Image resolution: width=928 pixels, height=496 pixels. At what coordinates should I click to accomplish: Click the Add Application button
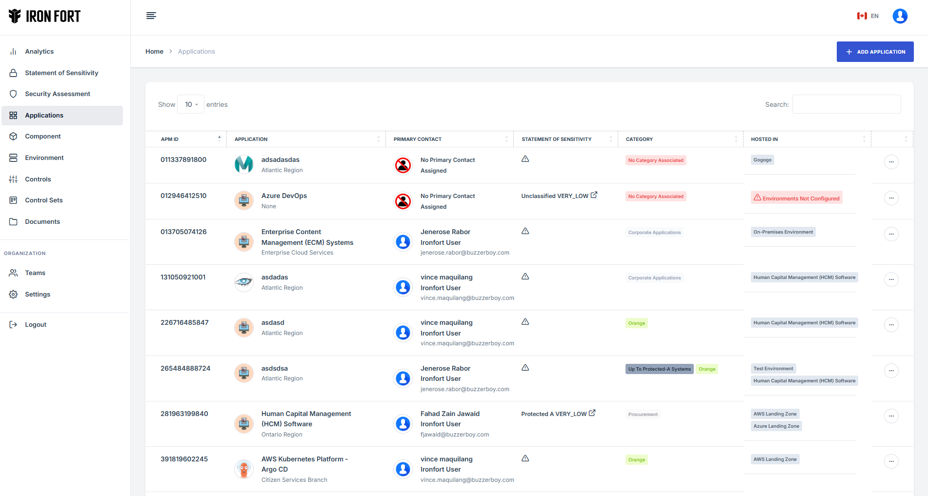click(875, 52)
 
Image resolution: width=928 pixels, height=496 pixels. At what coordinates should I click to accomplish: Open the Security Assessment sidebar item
click(58, 94)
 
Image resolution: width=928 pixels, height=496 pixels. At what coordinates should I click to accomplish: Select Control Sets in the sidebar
click(44, 200)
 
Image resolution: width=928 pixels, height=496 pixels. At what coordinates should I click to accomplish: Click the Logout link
click(36, 325)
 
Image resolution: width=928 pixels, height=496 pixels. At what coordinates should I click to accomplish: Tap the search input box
click(846, 104)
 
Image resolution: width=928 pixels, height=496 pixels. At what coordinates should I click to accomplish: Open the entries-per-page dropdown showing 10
click(191, 104)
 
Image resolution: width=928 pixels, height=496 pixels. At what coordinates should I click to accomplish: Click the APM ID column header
click(170, 139)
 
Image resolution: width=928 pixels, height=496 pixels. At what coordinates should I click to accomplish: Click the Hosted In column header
click(764, 139)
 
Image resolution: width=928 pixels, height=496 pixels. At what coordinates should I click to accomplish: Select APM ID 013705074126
click(183, 232)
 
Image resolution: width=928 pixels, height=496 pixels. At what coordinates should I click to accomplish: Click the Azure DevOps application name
click(284, 196)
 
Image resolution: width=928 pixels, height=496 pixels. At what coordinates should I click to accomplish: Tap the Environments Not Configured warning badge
click(796, 198)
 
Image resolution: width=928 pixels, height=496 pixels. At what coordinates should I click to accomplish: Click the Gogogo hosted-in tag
click(762, 160)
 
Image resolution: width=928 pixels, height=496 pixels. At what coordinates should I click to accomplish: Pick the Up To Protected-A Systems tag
click(659, 369)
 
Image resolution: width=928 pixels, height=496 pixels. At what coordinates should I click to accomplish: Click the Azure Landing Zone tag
click(776, 426)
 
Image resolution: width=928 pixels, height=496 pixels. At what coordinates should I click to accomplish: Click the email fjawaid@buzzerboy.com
click(454, 435)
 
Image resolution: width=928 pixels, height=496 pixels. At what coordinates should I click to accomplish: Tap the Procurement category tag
click(643, 415)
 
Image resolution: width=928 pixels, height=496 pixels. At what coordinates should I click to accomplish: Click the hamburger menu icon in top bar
click(151, 16)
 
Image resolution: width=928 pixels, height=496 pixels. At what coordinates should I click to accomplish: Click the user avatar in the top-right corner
click(900, 16)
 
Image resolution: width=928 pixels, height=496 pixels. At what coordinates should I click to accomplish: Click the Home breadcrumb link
click(154, 52)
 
